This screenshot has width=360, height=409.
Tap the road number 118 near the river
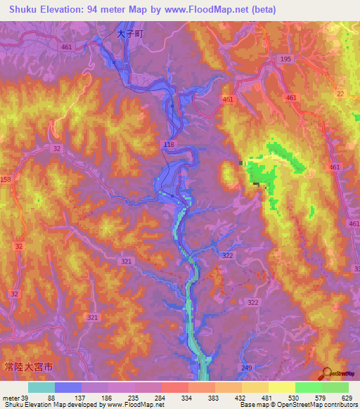pyautogui.click(x=169, y=145)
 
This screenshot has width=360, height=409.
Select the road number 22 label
pyautogui.click(x=340, y=94)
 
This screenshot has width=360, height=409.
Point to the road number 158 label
pyautogui.click(x=6, y=181)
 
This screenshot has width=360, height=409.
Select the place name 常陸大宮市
pyautogui.click(x=27, y=367)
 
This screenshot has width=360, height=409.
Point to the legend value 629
pyautogui.click(x=347, y=398)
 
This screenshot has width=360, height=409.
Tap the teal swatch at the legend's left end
pyautogui.click(x=41, y=387)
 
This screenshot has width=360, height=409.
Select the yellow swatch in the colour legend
pyautogui.click(x=282, y=387)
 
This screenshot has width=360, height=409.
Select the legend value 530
pyautogui.click(x=295, y=398)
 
